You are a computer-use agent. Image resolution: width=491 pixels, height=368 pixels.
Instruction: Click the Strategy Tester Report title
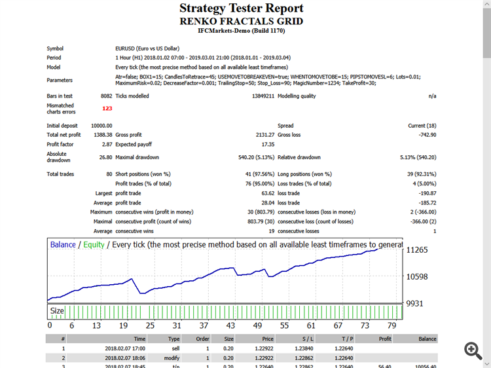[242, 9]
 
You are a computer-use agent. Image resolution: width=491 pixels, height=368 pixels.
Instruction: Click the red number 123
[107, 109]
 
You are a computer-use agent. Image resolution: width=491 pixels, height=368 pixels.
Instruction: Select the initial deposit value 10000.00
[101, 126]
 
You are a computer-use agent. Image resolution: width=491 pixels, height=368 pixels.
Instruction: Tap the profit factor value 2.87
[107, 143]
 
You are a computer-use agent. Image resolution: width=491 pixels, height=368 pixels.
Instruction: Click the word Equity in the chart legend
[94, 245]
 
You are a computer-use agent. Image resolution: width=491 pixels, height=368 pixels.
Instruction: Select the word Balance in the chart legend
[63, 245]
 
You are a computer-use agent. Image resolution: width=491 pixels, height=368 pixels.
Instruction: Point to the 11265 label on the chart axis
[417, 250]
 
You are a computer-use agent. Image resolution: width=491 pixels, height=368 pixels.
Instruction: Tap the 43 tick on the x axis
[230, 325]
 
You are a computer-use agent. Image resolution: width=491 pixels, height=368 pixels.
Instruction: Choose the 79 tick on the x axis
[391, 325]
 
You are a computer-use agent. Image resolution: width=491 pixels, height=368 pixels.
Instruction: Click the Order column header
[202, 339]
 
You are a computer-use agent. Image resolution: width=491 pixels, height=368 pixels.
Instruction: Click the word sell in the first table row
[174, 348]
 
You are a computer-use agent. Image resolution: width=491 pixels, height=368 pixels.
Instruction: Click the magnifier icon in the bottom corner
[473, 350]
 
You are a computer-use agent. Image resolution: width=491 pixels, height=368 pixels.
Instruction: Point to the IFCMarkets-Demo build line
[242, 31]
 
